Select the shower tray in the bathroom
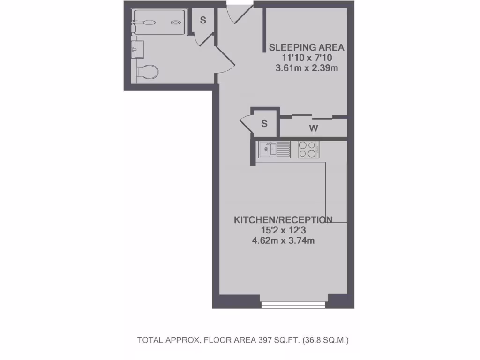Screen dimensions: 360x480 point(159,22)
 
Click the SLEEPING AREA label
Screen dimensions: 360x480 point(307,47)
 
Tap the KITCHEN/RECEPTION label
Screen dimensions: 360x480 point(283,220)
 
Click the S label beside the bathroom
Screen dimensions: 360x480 point(203,20)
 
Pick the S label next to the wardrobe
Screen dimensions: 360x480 point(264,124)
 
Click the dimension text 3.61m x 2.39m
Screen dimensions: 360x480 point(307,68)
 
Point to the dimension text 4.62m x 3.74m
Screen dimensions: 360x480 point(283,241)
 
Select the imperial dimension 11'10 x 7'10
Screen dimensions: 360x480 point(307,58)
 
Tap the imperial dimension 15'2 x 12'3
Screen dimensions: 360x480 point(283,231)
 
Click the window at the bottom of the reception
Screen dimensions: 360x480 point(293,305)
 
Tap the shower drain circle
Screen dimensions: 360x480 point(176,22)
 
